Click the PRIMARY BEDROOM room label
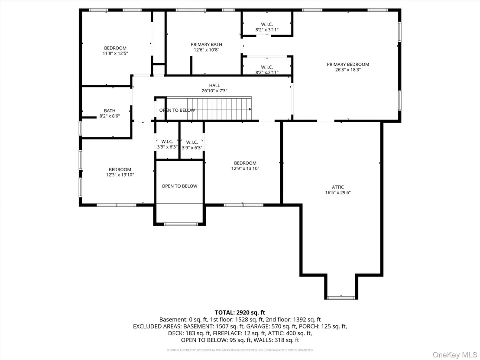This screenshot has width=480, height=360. coord(348,64)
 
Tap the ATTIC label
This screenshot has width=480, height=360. coord(337,187)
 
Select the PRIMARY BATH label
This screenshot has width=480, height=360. coord(206,44)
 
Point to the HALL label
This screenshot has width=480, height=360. coord(214,85)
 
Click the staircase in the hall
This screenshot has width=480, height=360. coord(208,109)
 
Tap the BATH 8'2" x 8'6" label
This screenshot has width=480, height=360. coord(110,113)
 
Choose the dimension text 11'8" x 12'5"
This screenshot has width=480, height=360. coord(115,53)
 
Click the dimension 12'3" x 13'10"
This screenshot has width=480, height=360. coord(120,175)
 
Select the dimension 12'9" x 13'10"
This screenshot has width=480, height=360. coord(245,169)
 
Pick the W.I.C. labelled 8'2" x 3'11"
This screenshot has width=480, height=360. coord(267,27)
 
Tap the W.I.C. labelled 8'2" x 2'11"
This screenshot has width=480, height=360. coord(267,70)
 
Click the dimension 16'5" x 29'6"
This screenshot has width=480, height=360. coord(337,192)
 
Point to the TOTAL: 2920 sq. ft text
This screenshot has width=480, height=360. coord(240,312)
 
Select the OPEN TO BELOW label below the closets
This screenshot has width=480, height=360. coord(179,186)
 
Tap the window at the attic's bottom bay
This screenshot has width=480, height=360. coord(341,298)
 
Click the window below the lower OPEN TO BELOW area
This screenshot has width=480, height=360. coord(181,224)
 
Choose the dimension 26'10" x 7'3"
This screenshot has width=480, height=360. coord(214,91)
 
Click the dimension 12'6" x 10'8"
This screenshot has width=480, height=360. coord(206,50)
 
